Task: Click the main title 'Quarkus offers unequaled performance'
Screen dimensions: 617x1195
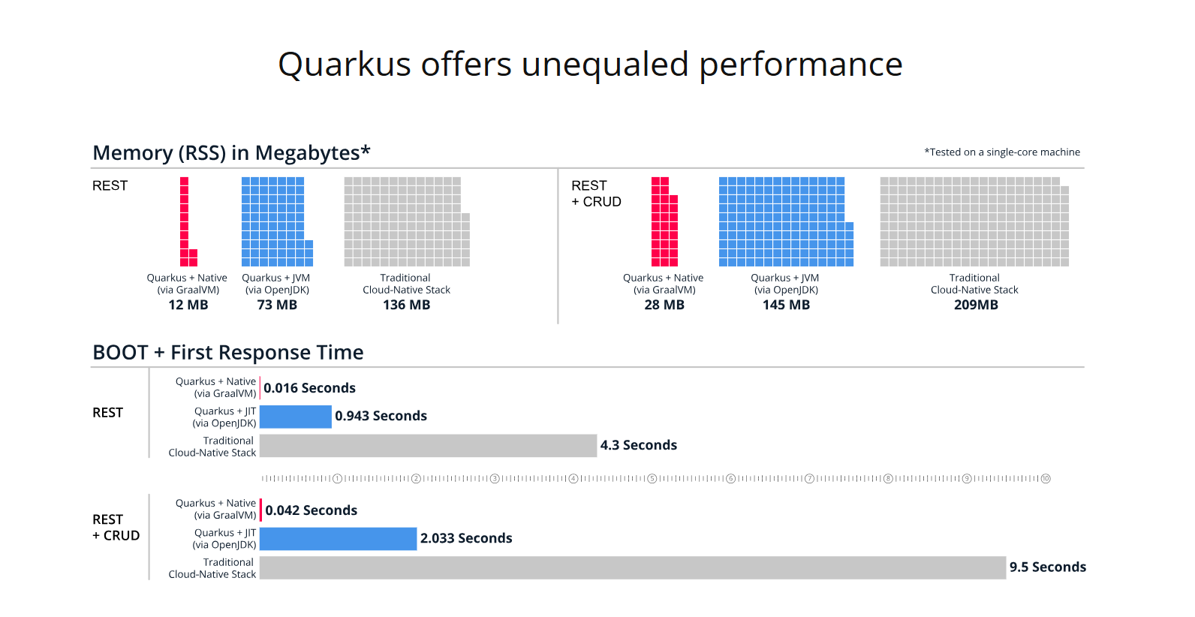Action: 590,65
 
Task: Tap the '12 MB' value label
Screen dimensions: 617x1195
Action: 188,305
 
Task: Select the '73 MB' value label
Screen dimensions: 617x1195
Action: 277,305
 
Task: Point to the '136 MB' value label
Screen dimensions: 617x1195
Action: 406,305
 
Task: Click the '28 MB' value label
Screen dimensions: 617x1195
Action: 664,305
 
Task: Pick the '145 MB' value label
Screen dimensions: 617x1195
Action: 786,305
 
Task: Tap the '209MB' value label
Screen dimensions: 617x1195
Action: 976,305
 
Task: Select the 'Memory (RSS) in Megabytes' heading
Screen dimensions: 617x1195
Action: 231,153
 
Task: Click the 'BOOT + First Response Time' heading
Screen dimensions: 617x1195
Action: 228,352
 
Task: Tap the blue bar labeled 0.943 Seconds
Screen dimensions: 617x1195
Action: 296,417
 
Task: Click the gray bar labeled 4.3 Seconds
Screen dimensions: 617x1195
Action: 428,446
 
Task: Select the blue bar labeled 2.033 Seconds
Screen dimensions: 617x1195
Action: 338,539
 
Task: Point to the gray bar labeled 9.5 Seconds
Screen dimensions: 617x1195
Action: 632,567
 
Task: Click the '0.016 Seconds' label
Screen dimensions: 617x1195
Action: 309,388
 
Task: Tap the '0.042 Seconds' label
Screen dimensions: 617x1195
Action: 311,510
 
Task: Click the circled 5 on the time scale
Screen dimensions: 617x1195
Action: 652,479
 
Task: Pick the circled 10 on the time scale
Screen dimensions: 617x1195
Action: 1046,479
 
